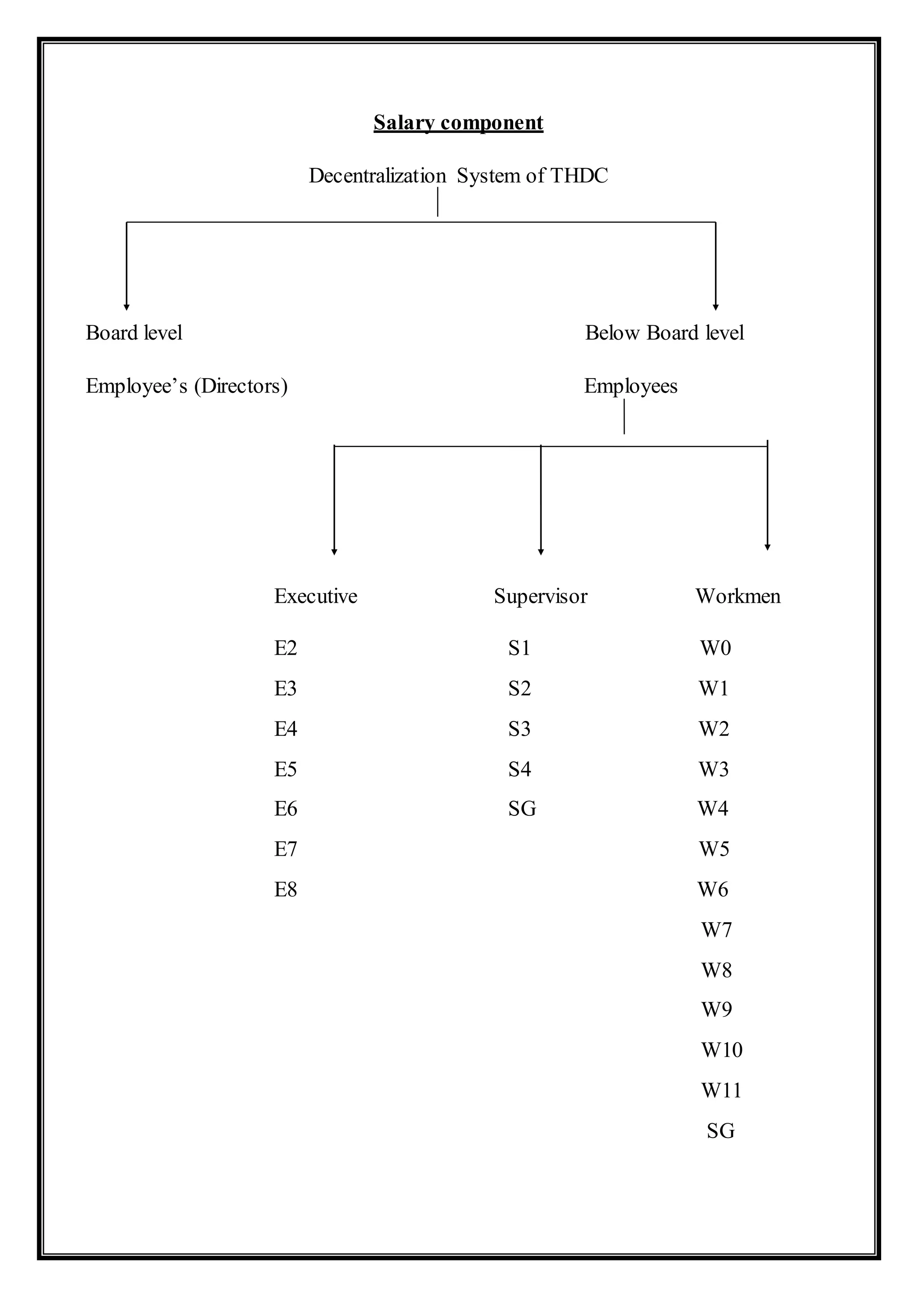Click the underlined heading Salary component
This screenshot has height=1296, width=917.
click(x=458, y=123)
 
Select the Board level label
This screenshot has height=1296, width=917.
click(x=134, y=333)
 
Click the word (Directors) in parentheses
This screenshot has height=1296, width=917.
click(x=241, y=386)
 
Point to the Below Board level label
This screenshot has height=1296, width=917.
click(x=664, y=333)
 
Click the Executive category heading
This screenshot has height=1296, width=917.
click(x=316, y=596)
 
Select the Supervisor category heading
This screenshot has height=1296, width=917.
click(x=540, y=596)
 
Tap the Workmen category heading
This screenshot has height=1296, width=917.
click(x=737, y=596)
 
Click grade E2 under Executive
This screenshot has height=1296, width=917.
click(x=286, y=648)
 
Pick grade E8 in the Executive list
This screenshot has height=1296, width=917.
click(x=286, y=890)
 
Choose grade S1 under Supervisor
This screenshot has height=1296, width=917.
click(x=519, y=648)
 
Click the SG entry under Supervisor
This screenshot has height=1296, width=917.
click(x=522, y=809)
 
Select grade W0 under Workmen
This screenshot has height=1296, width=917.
click(x=716, y=648)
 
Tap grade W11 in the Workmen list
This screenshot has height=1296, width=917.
click(x=721, y=1091)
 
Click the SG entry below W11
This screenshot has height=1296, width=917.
click(x=720, y=1130)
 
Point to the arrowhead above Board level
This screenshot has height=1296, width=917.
click(x=126, y=307)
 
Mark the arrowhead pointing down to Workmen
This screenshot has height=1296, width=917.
click(x=767, y=546)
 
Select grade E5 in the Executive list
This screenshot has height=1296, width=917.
click(x=286, y=769)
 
